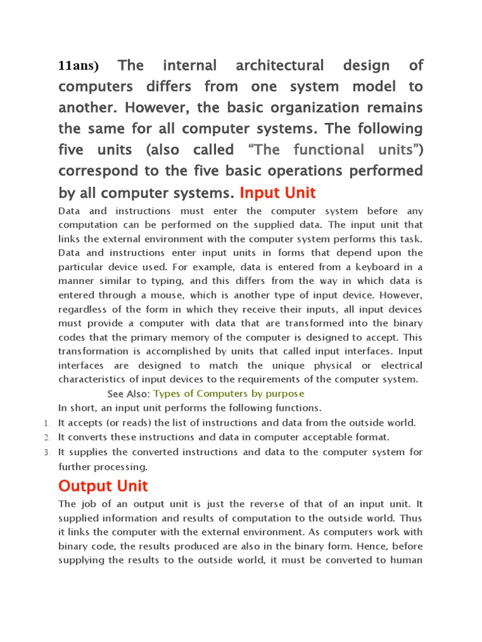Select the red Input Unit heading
[x=277, y=192]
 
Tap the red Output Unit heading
[x=103, y=486]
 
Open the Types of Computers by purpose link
[x=228, y=394]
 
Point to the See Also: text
[x=129, y=394]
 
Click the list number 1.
[x=46, y=423]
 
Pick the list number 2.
[x=46, y=438]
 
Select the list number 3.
[x=46, y=452]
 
